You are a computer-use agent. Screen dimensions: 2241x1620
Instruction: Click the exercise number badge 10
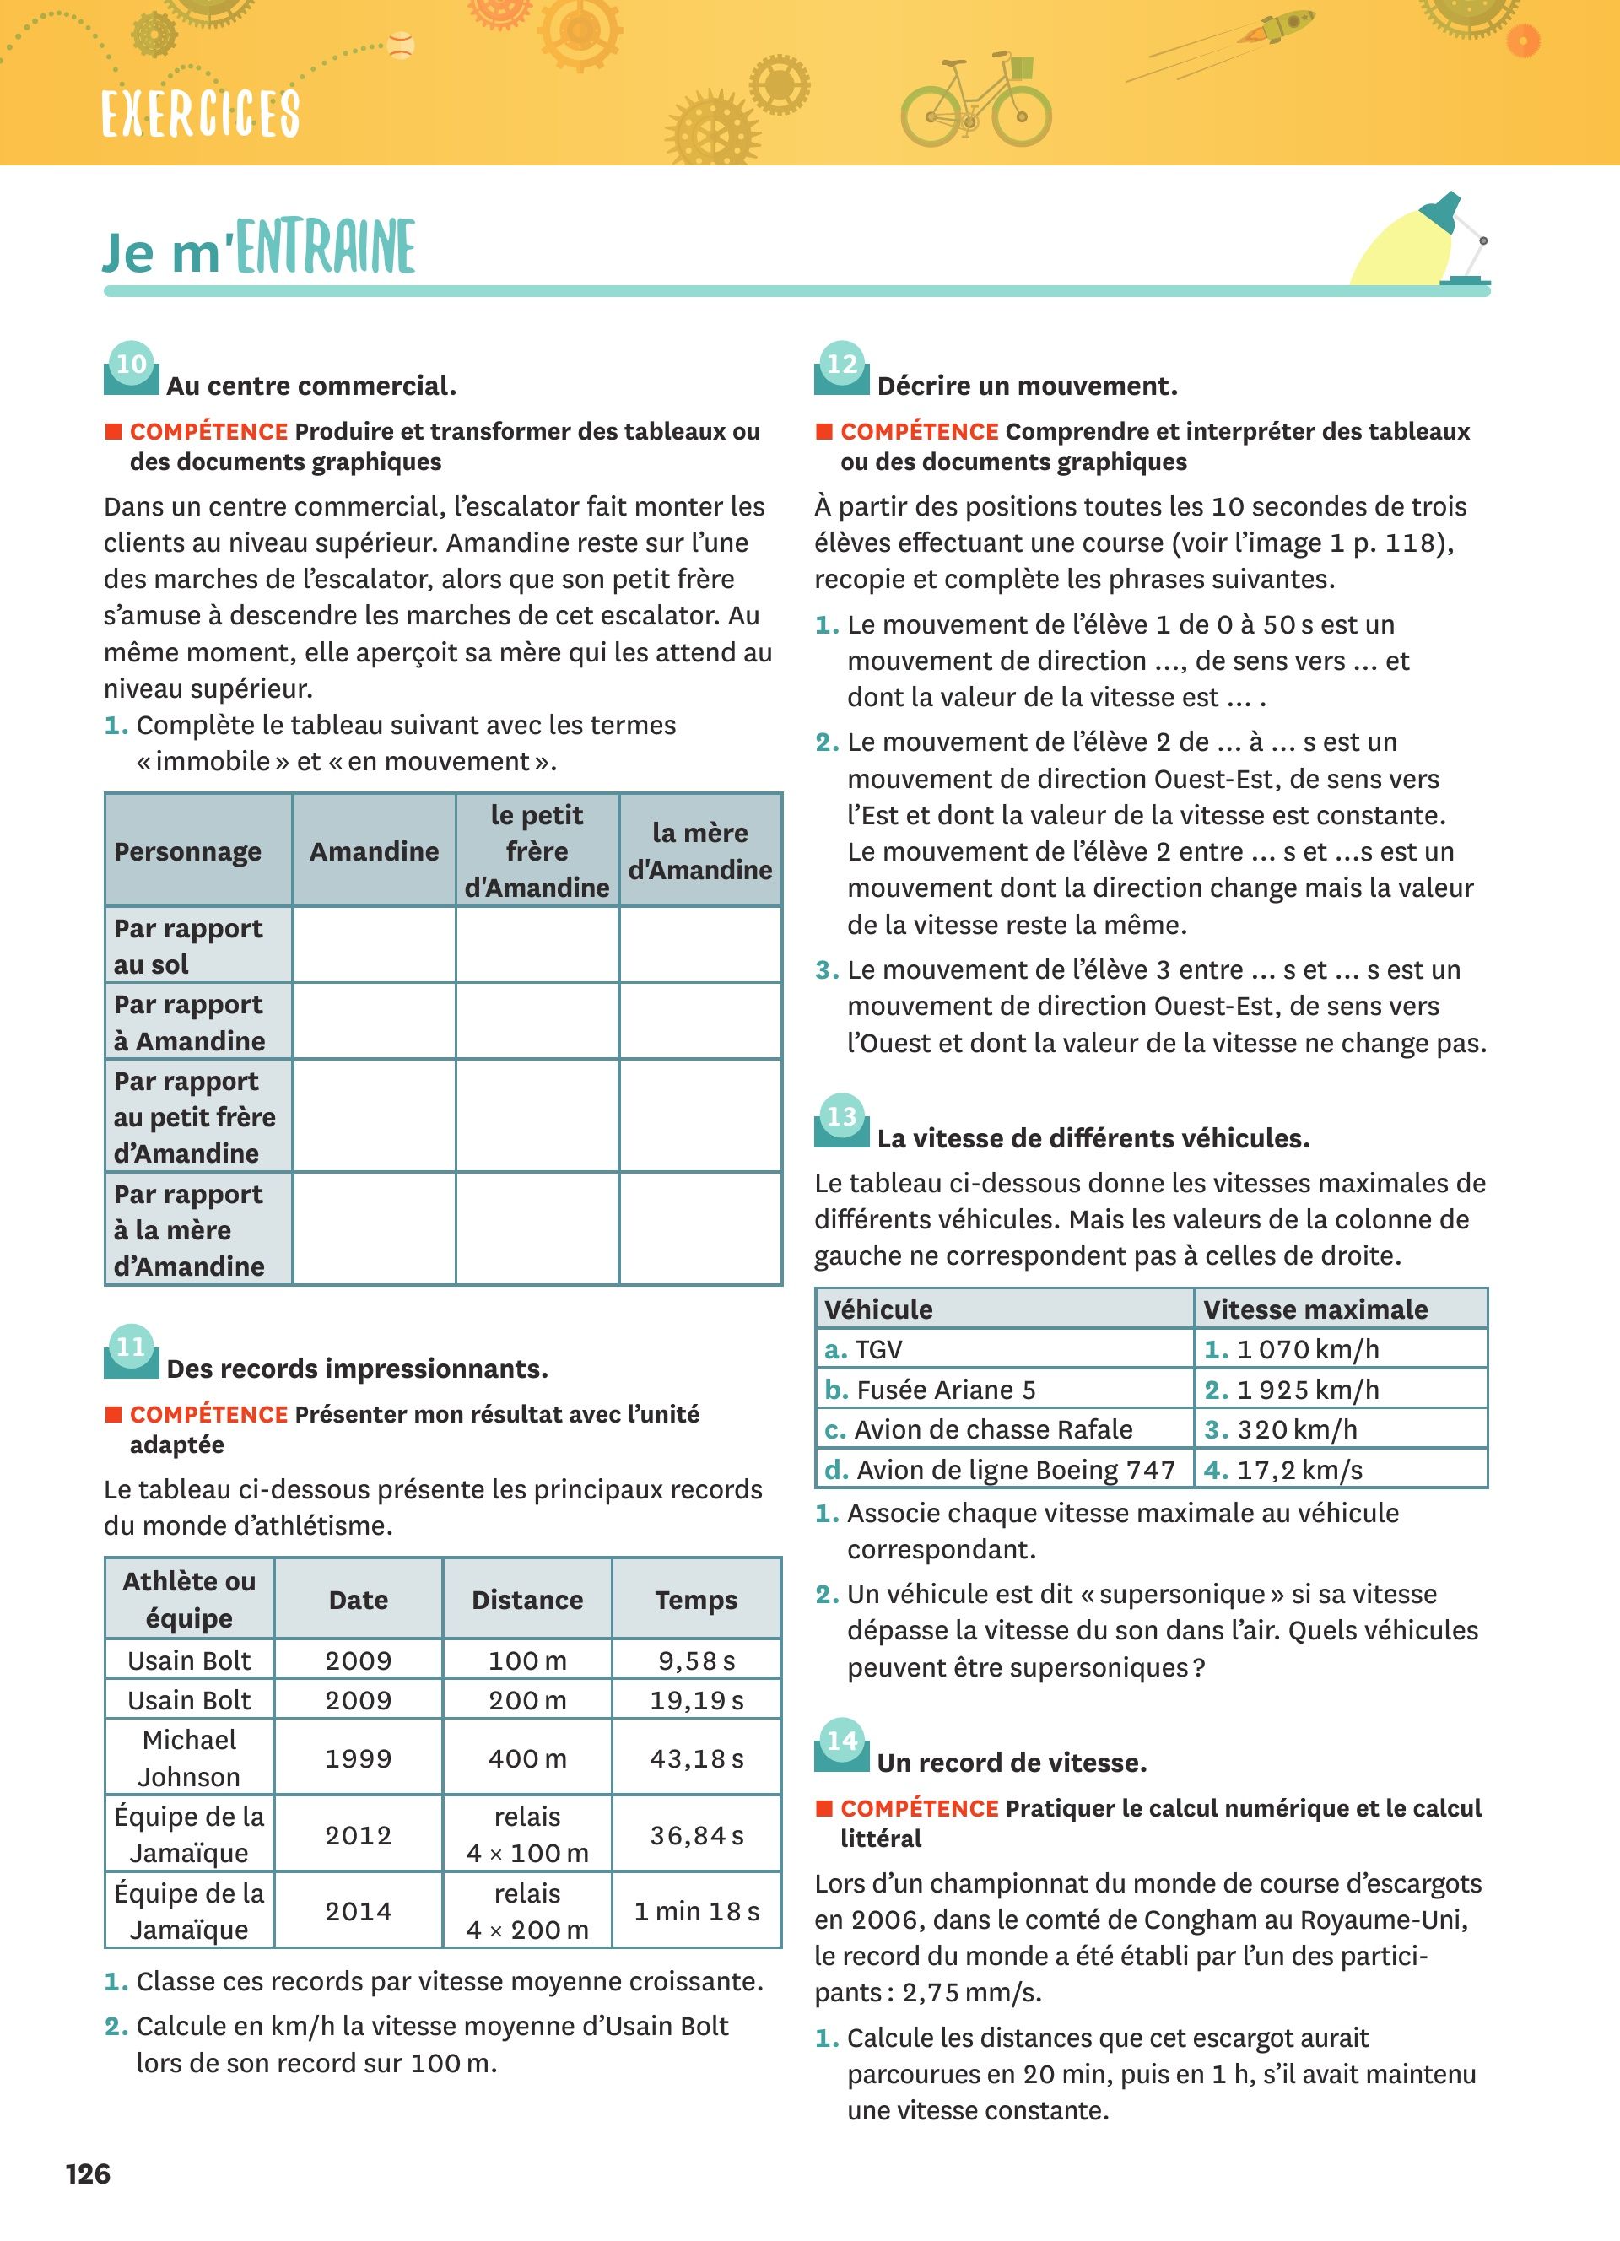click(x=132, y=364)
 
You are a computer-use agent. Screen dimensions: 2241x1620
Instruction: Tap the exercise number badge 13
click(x=841, y=1116)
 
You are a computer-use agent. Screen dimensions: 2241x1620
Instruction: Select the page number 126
click(x=88, y=2173)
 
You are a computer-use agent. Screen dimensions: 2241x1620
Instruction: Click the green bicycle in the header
click(x=976, y=102)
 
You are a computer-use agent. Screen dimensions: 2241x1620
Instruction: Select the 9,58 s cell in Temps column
click(x=696, y=1661)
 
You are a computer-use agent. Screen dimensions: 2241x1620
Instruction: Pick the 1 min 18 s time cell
click(x=696, y=1912)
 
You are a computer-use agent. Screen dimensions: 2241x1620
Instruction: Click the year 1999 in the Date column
click(x=359, y=1759)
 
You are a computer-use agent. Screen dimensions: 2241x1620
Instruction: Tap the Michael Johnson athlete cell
click(x=190, y=1759)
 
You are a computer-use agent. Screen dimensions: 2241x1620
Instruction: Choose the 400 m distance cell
click(x=527, y=1759)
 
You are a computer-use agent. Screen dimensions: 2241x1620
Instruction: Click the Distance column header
click(x=527, y=1601)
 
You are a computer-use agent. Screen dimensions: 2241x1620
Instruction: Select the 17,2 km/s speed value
click(x=1299, y=1471)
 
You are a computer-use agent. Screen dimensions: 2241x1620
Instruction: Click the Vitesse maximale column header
click(x=1315, y=1310)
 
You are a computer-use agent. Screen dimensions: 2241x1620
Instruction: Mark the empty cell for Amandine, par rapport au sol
click(x=375, y=946)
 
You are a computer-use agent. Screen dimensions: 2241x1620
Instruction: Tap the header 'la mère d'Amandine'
click(x=700, y=851)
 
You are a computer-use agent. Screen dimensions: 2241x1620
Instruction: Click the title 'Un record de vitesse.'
click(x=1012, y=1763)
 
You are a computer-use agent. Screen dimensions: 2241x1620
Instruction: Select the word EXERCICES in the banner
click(x=201, y=113)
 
